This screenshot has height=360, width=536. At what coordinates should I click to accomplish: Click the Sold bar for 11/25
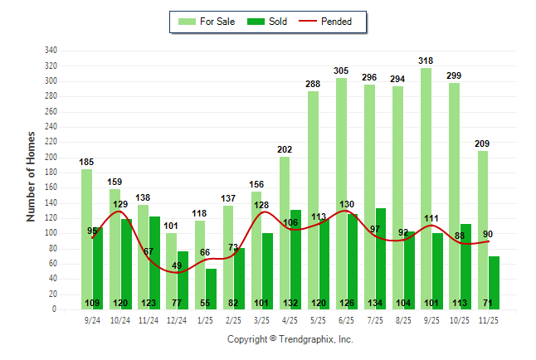click(x=495, y=282)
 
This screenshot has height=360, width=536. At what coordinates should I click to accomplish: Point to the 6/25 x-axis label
click(x=347, y=319)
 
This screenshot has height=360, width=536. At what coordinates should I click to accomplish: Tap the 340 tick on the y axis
click(x=51, y=50)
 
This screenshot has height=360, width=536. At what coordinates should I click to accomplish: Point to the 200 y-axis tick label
click(x=51, y=157)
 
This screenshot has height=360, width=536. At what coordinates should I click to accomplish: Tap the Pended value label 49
click(x=177, y=265)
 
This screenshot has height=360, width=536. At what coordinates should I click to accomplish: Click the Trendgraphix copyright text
click(x=290, y=339)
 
